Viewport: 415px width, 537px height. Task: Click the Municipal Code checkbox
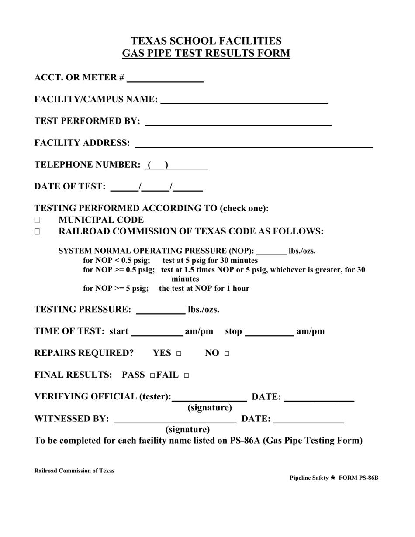click(37, 220)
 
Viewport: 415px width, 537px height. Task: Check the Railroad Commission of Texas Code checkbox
click(37, 232)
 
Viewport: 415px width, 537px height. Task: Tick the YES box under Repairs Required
click(178, 354)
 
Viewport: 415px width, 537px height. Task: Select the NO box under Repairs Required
click(226, 354)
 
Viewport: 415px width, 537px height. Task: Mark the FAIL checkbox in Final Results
click(187, 376)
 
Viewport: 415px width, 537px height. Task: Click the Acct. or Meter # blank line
click(165, 79)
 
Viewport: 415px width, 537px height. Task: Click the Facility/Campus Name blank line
click(244, 100)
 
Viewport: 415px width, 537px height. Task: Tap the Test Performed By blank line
click(238, 122)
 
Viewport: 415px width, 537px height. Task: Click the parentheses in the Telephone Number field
click(158, 165)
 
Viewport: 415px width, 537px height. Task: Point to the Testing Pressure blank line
click(161, 311)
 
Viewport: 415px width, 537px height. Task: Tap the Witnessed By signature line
click(175, 420)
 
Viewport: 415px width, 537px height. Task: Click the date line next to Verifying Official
click(318, 398)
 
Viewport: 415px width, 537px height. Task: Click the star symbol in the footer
click(333, 478)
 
